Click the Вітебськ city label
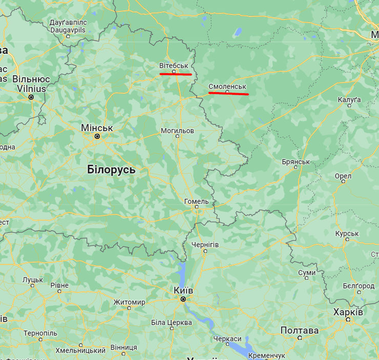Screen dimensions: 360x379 pos(174,66)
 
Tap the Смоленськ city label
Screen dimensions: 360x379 pos(227,87)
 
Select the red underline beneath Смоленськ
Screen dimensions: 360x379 pos(228,94)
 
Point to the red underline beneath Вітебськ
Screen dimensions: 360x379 pos(175,74)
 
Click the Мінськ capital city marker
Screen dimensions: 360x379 pos(97,137)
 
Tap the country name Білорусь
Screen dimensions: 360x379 pos(111,170)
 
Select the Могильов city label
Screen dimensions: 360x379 pos(177,131)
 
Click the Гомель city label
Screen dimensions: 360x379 pos(196,201)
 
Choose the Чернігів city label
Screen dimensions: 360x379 pos(205,245)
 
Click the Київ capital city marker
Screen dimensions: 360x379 pos(182,299)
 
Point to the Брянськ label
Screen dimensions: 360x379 pos(296,162)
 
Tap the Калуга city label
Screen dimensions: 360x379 pos(349,99)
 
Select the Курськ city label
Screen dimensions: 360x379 pos(347,234)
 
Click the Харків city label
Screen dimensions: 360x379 pos(348,312)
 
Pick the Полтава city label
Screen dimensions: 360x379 pos(299,330)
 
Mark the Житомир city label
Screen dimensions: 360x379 pos(129,302)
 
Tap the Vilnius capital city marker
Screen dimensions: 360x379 pos(31,97)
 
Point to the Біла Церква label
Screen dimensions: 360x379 pos(171,323)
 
